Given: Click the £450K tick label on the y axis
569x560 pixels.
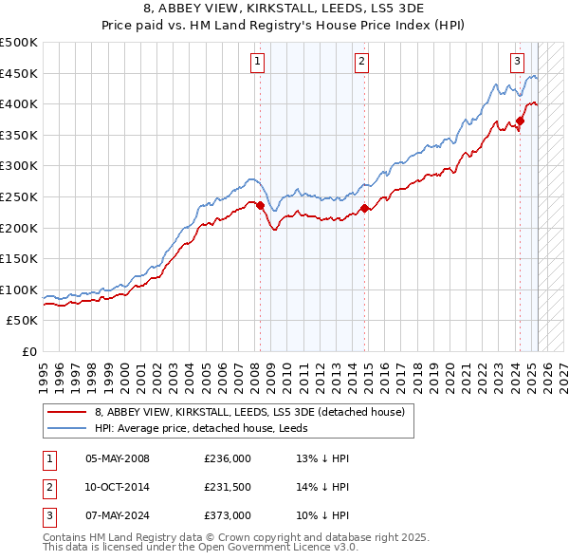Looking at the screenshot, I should [19, 73].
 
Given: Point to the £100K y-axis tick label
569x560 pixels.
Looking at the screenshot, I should [19, 289].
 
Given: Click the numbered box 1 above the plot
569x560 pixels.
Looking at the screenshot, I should [258, 63].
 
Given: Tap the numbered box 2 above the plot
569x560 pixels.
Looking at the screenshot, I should [362, 63].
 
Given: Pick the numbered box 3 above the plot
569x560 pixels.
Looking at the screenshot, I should [517, 63].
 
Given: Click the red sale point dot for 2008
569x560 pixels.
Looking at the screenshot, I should [260, 205].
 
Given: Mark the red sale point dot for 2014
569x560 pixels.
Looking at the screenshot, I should [364, 208].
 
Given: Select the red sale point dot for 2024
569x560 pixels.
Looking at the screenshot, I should [520, 121].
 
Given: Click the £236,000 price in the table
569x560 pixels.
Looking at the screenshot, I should [228, 458].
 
